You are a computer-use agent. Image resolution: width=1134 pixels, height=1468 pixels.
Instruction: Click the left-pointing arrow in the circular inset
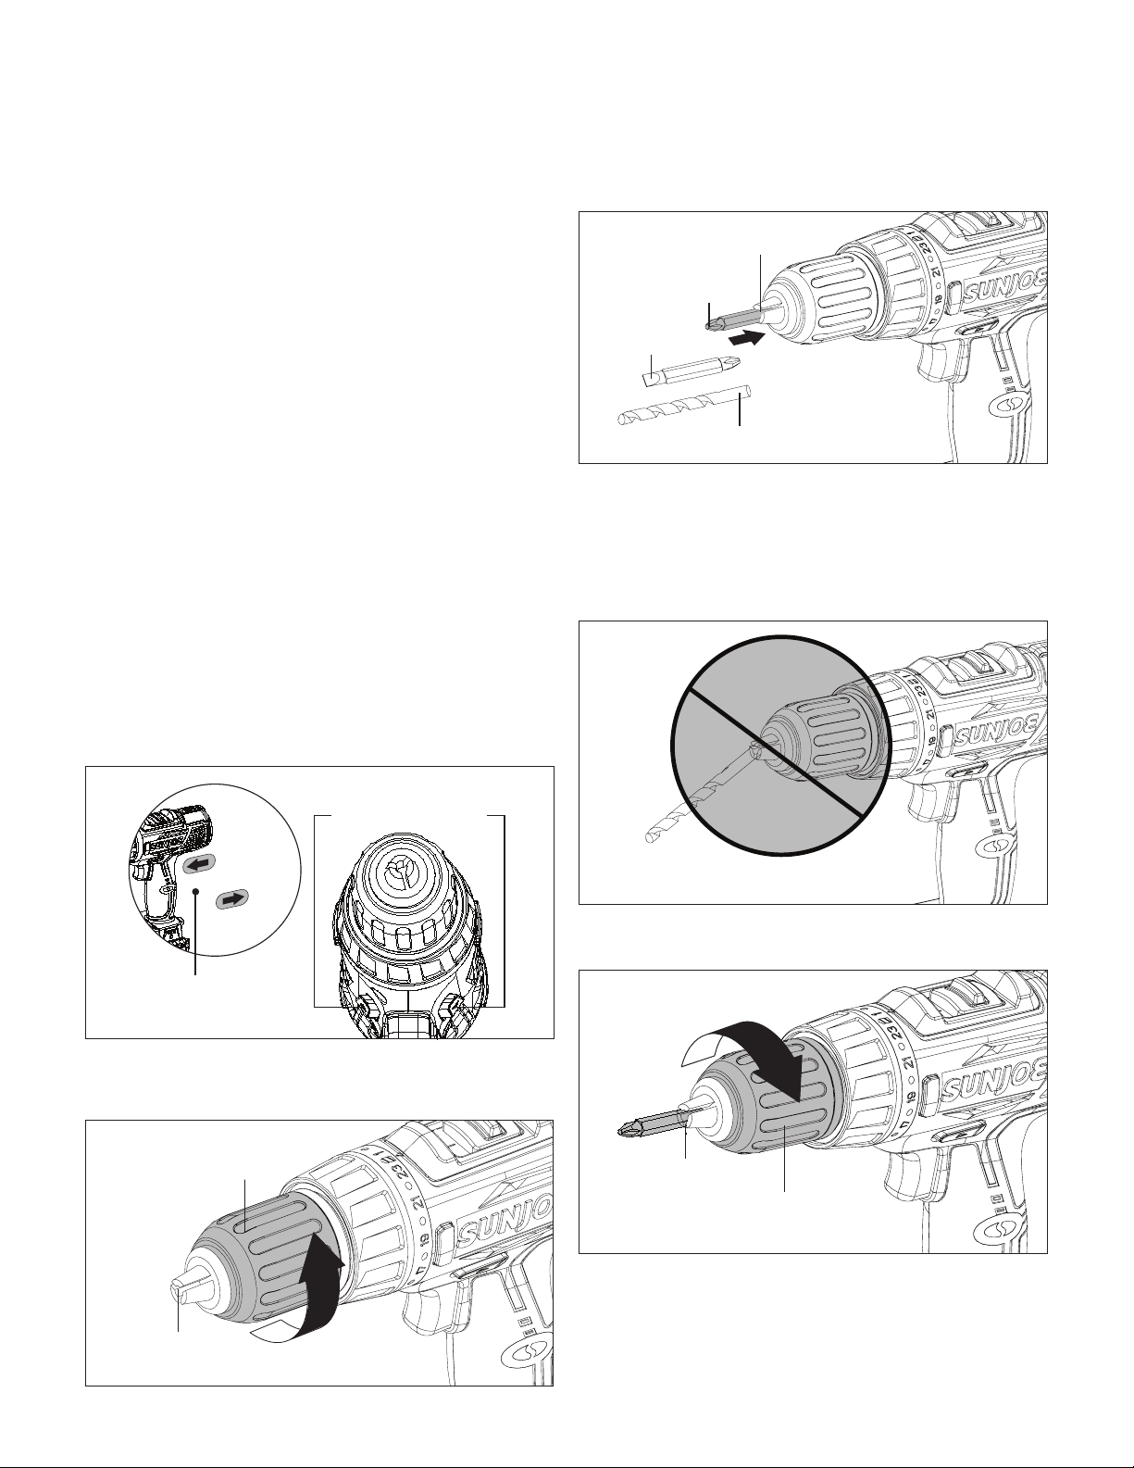198,865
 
